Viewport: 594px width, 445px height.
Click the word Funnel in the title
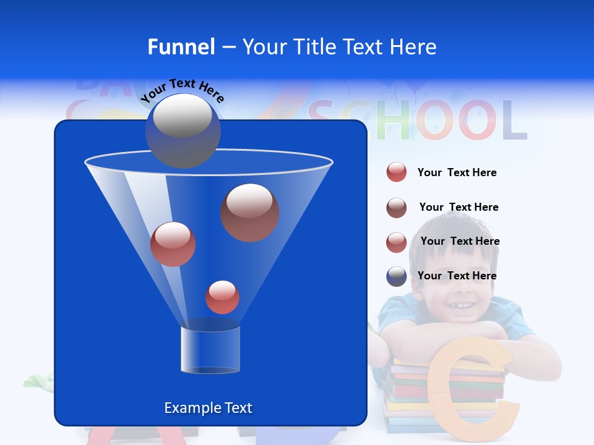[181, 46]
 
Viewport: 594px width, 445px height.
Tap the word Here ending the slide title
[413, 46]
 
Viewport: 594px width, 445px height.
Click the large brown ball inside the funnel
[250, 212]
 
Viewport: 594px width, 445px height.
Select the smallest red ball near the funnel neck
[222, 297]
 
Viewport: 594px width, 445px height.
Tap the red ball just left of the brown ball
[173, 244]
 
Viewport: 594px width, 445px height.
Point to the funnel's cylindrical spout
[210, 350]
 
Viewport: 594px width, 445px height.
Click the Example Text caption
[208, 408]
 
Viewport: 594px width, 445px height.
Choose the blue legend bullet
[397, 276]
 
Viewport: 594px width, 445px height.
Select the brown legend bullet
[397, 208]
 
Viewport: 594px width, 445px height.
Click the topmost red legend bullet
[397, 172]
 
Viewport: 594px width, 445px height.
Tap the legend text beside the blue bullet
[457, 276]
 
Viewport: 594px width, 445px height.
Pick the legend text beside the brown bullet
[458, 207]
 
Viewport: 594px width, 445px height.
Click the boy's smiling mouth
[457, 305]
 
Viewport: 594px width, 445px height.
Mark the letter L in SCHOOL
[513, 121]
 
